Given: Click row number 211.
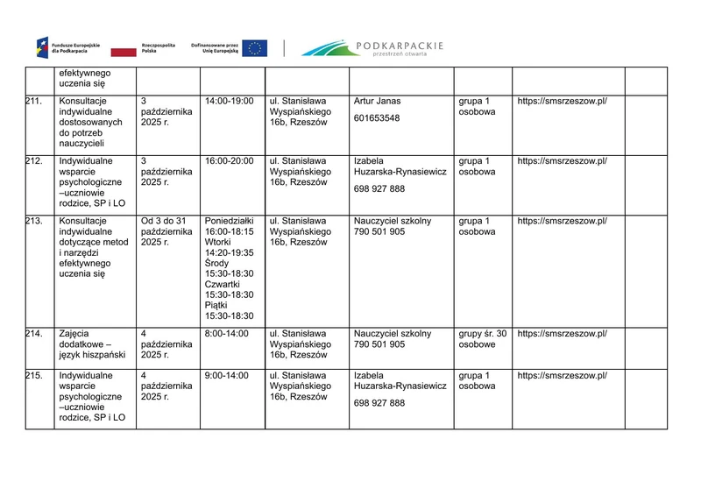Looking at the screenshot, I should coord(34,101).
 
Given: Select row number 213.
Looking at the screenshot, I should coord(34,221).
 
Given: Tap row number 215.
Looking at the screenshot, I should coord(34,375).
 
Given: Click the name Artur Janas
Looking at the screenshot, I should coord(377,101).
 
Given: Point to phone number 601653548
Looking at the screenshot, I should coord(377,118).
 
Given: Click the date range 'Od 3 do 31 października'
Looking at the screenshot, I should coord(163,231).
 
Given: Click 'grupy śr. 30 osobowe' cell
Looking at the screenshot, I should coord(482,339).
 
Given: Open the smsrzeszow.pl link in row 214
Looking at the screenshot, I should coord(562,334).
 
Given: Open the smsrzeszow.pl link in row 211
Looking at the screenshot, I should coord(562,101).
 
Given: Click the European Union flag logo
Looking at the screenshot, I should coord(255,48).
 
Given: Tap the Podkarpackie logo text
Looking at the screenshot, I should coord(400,46).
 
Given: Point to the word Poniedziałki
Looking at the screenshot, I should coord(229,221).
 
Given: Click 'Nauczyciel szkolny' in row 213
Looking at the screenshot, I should coord(393,221).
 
